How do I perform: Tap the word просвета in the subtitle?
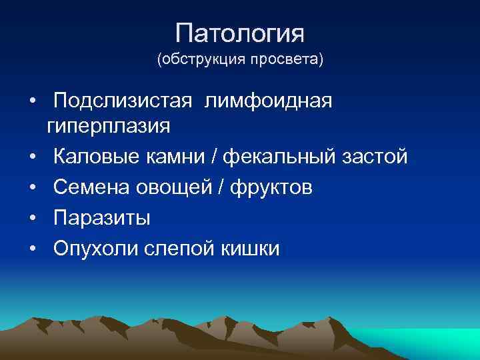coord(288,61)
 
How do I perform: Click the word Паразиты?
coord(101,219)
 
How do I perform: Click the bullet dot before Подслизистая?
coord(32,101)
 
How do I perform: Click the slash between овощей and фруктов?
coord(223,188)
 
